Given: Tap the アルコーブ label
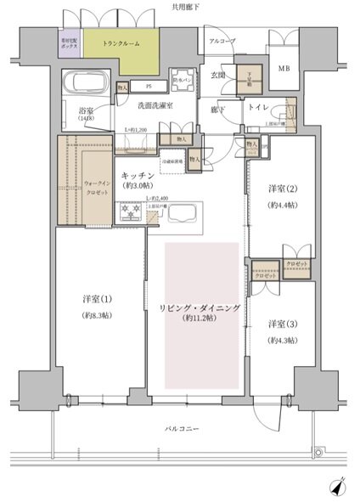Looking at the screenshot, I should [x=222, y=41].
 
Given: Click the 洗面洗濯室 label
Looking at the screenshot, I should [x=156, y=105].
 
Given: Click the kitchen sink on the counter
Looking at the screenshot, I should [x=181, y=216].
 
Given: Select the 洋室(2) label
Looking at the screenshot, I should [x=279, y=189].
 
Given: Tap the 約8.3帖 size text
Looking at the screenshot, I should [x=95, y=316].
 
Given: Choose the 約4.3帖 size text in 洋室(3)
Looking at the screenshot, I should [x=279, y=340].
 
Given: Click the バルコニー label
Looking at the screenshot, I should [x=181, y=428].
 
